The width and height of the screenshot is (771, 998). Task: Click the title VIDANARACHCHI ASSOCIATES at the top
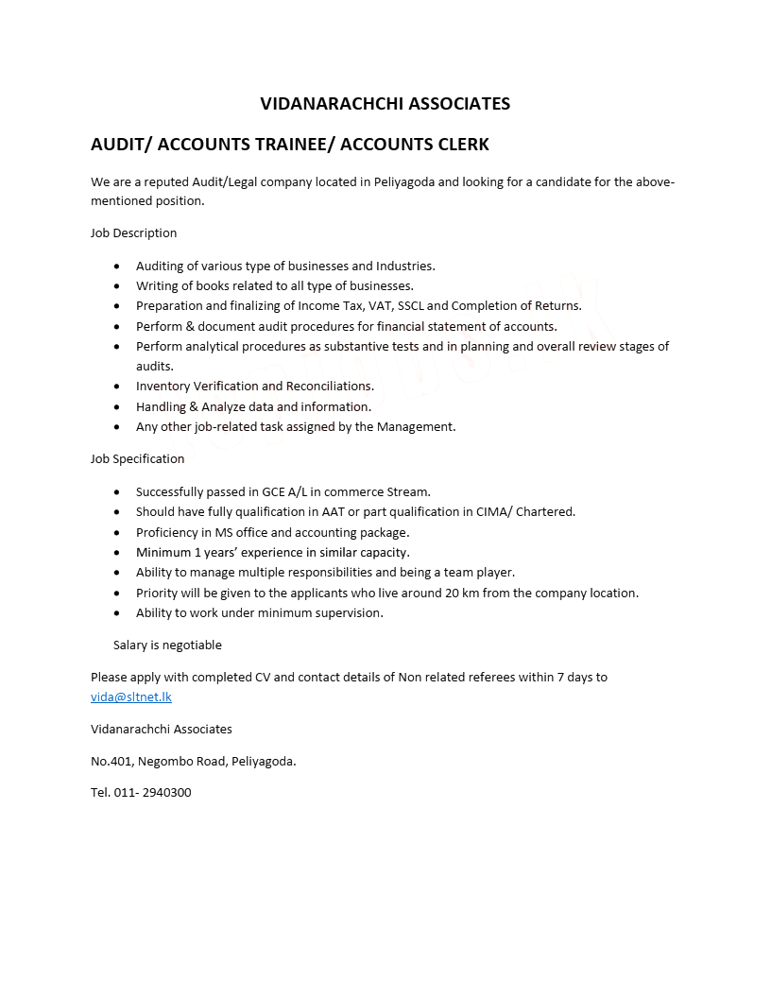pos(385,103)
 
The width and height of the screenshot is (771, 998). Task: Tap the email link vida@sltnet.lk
pos(131,697)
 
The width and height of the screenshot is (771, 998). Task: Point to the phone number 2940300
pos(166,792)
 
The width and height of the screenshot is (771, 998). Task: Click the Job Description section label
pos(133,232)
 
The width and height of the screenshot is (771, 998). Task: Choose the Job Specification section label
pos(137,458)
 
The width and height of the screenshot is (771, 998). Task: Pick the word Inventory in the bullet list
pos(163,386)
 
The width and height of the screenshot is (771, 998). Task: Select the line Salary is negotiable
pos(167,645)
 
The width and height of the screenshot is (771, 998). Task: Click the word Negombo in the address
pos(164,760)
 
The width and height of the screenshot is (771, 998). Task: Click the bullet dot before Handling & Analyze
pos(116,406)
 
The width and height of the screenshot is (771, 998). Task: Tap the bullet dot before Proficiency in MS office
pos(116,532)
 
